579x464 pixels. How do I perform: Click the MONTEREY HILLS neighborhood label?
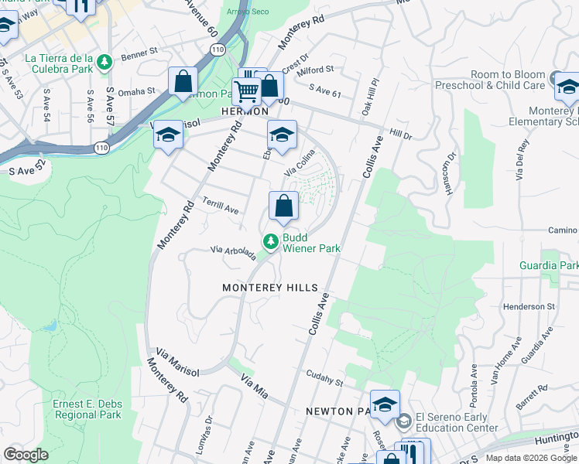point(270,288)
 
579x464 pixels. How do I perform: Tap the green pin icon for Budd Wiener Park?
point(271,243)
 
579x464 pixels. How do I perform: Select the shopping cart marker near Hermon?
point(247,91)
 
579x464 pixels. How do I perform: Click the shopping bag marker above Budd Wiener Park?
point(284,206)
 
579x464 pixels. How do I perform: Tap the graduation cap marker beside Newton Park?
point(385,404)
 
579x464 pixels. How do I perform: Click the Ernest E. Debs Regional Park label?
point(87,409)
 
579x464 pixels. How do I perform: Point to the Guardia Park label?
point(550,265)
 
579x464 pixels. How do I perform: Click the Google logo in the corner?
point(26,455)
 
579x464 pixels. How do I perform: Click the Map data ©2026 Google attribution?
point(530,458)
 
